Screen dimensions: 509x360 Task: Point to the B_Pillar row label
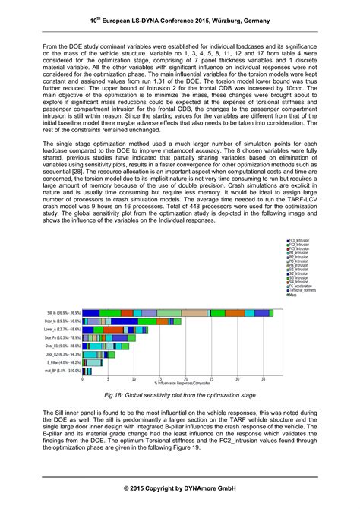coord(63,362)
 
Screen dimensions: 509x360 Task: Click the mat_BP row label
coord(63,371)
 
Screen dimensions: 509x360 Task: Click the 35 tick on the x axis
coord(263,378)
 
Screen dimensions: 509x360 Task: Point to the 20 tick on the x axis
coord(185,378)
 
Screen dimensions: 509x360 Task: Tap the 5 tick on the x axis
coord(108,378)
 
